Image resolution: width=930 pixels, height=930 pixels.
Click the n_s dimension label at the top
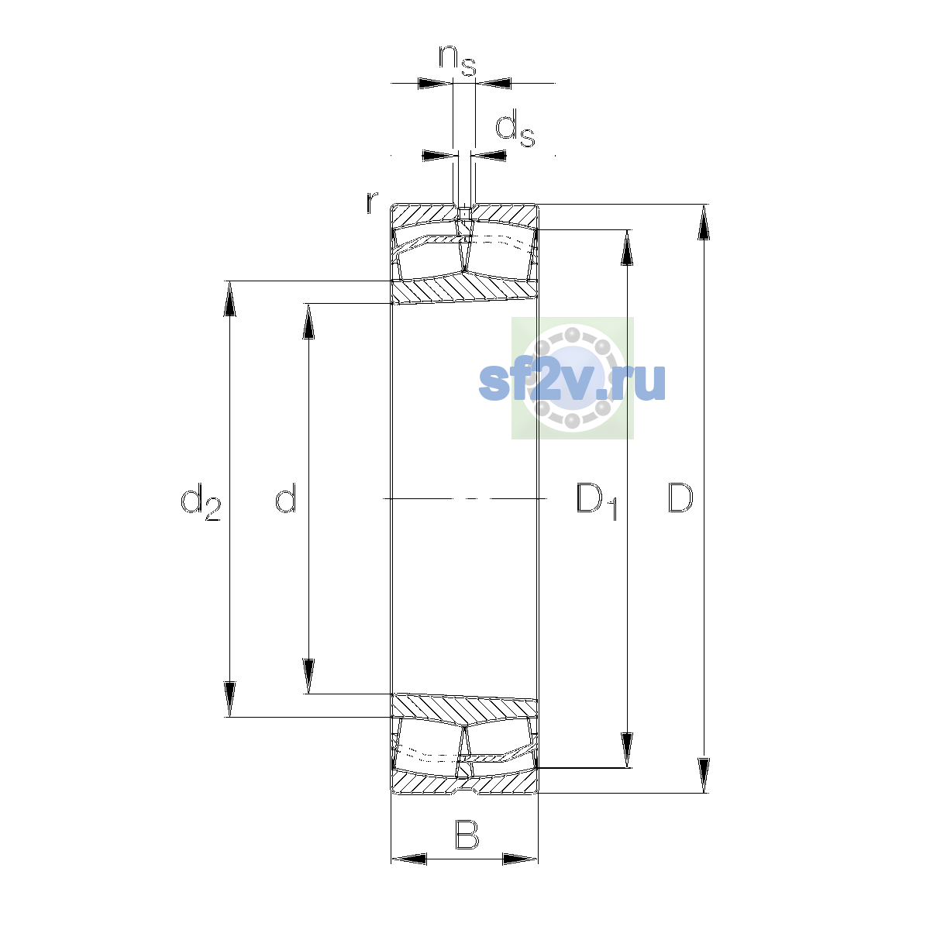click(456, 60)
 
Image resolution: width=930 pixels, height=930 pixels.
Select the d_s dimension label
click(515, 128)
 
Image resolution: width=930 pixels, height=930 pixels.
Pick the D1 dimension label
click(597, 501)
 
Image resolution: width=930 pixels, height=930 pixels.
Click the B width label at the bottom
click(467, 834)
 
